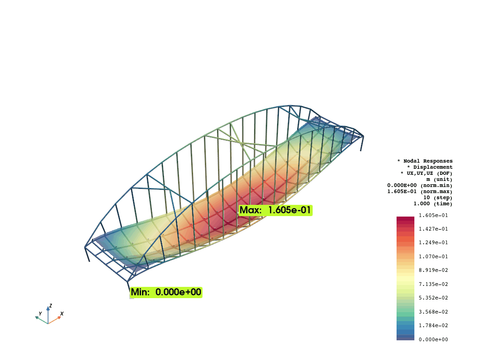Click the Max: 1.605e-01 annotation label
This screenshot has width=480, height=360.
[275, 210]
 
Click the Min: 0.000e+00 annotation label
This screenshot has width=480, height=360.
[166, 292]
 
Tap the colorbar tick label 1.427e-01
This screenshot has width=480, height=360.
[433, 229]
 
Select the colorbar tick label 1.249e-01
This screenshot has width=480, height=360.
[433, 242]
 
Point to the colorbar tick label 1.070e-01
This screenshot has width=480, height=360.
[433, 256]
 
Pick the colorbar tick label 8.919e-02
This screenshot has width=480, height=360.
[433, 270]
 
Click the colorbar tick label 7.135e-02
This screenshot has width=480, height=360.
[433, 284]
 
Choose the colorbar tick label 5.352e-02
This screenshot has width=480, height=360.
[433, 298]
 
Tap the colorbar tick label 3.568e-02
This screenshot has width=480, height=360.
[433, 312]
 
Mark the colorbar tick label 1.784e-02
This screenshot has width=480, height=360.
[433, 325]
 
